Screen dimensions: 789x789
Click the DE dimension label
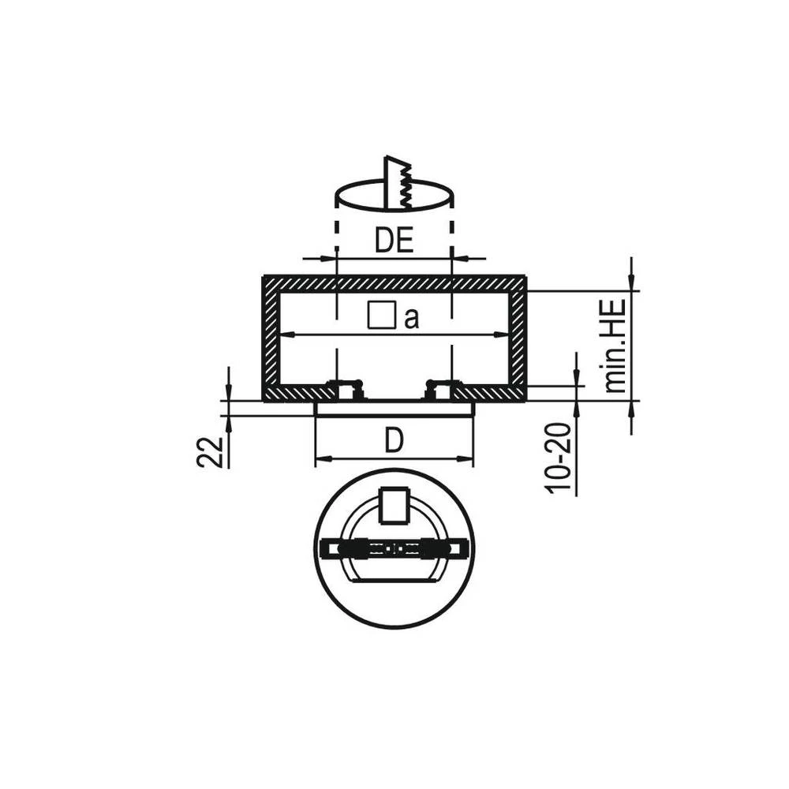click(394, 240)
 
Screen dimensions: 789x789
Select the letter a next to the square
click(411, 319)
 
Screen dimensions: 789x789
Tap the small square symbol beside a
click(381, 316)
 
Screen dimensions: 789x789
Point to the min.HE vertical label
click(615, 346)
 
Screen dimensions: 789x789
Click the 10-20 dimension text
click(559, 458)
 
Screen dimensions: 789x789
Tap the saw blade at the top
click(398, 184)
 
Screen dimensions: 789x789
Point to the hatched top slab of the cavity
click(394, 282)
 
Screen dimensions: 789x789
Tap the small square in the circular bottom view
click(393, 507)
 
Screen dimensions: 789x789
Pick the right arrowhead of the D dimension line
click(468, 458)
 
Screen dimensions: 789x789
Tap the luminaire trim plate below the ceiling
click(394, 409)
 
